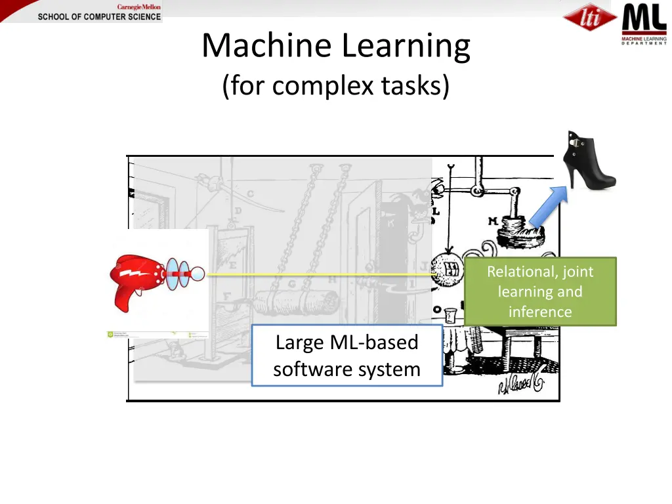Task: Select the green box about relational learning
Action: click(540, 291)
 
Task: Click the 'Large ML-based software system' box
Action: click(346, 355)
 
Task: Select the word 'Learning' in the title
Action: click(406, 46)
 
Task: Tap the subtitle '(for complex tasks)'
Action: click(336, 85)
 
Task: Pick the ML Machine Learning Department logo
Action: click(644, 24)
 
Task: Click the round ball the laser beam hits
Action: click(448, 270)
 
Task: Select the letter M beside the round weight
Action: click(493, 222)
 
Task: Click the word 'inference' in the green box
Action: click(540, 312)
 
